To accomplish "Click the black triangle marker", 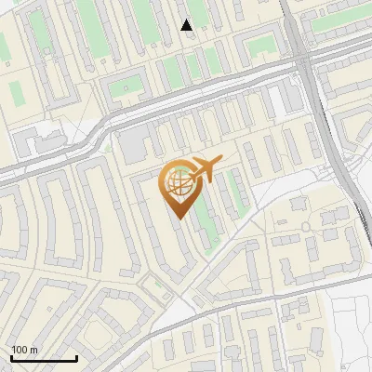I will (187, 25).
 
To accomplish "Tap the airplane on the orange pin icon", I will (205, 168).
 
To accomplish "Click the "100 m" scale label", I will (24, 350).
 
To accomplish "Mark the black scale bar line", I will (44, 358).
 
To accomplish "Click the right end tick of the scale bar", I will (76, 356).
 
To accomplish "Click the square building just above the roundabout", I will (303, 206).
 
